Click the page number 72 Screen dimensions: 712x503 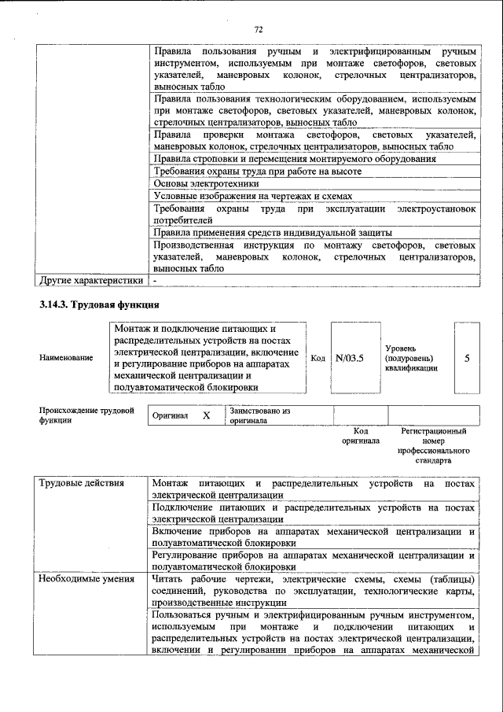pos(257,30)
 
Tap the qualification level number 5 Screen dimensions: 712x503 pos(467,358)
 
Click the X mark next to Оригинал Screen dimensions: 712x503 pos(206,415)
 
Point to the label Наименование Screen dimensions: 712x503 pos(66,358)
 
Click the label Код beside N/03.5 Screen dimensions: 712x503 pos(318,359)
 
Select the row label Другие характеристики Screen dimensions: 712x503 pos(90,279)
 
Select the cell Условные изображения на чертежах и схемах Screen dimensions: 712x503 pos(252,196)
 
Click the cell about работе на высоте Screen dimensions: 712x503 pos(257,172)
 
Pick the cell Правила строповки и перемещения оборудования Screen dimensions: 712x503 pos(295,159)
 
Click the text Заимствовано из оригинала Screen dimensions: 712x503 pos(260,415)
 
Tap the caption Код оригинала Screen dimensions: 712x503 pos(360,436)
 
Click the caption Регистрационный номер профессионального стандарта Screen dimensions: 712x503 pos(433,446)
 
